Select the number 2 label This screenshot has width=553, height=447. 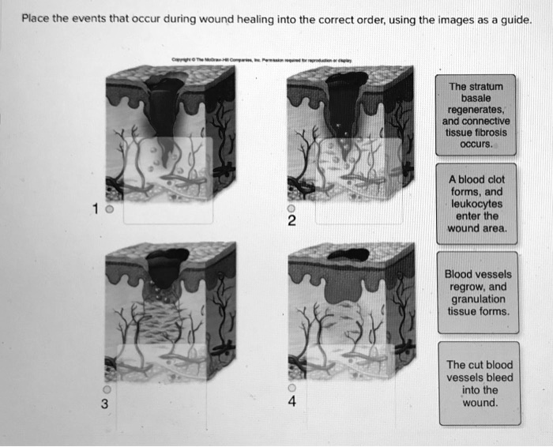[x=291, y=221]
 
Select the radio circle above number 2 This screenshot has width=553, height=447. [x=291, y=207]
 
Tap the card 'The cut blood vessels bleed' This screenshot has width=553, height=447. [x=479, y=383]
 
